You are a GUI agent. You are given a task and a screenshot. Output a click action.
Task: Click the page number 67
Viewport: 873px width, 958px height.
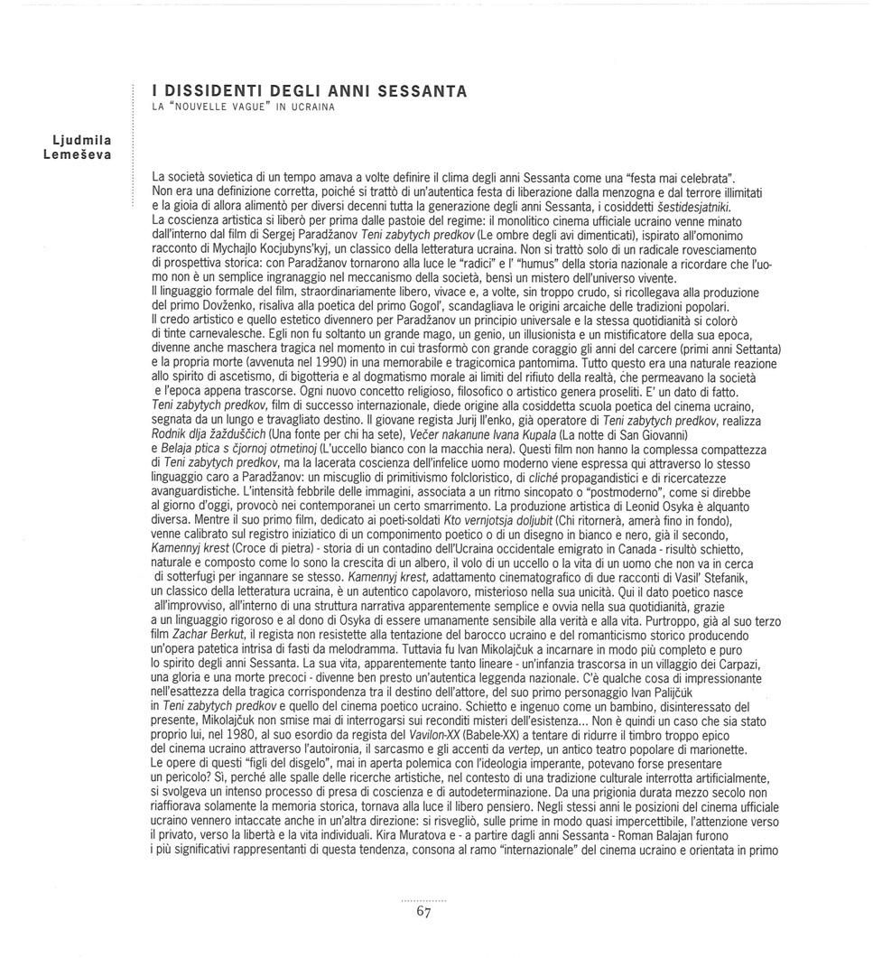pyautogui.click(x=424, y=912)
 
